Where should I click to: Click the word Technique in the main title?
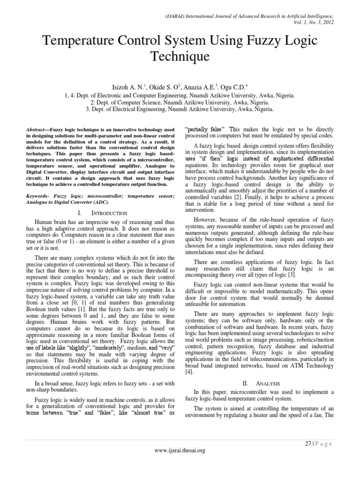(x=180, y=58)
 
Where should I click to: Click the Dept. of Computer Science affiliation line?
(x=180, y=102)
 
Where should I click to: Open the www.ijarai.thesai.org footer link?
(x=180, y=450)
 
